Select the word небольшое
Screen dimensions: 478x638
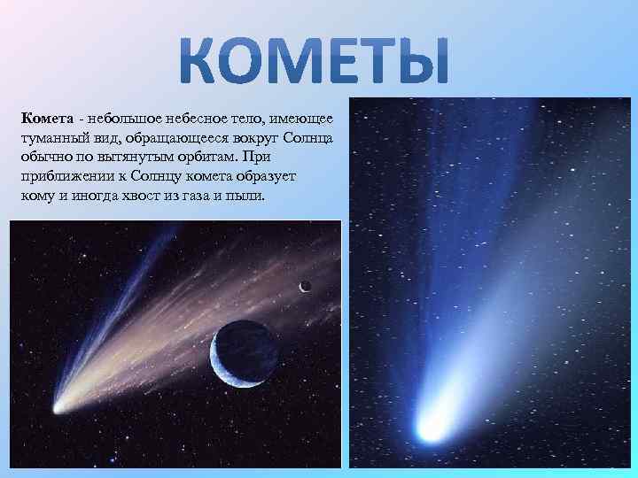pos(118,119)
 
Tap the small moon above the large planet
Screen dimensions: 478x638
pos(305,286)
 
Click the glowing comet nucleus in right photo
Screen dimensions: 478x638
pos(432,428)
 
